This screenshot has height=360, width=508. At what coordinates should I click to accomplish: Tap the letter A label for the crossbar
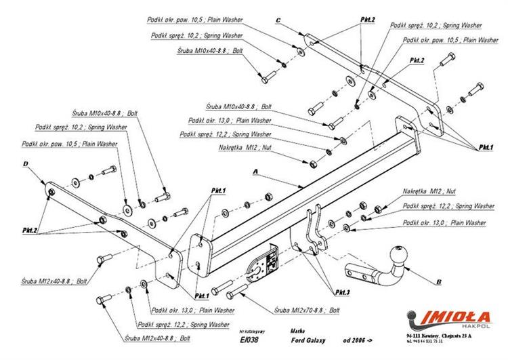tap(255, 173)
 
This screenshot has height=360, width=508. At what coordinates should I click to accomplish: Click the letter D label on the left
tap(24, 164)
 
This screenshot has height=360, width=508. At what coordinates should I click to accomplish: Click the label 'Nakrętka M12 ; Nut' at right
tap(429, 191)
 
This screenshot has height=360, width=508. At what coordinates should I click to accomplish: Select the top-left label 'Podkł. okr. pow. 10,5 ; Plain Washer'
tap(196, 20)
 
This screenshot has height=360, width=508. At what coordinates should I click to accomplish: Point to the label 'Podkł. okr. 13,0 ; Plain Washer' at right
tap(444, 222)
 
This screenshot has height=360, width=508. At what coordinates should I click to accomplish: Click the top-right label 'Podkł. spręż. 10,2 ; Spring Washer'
tap(436, 25)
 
